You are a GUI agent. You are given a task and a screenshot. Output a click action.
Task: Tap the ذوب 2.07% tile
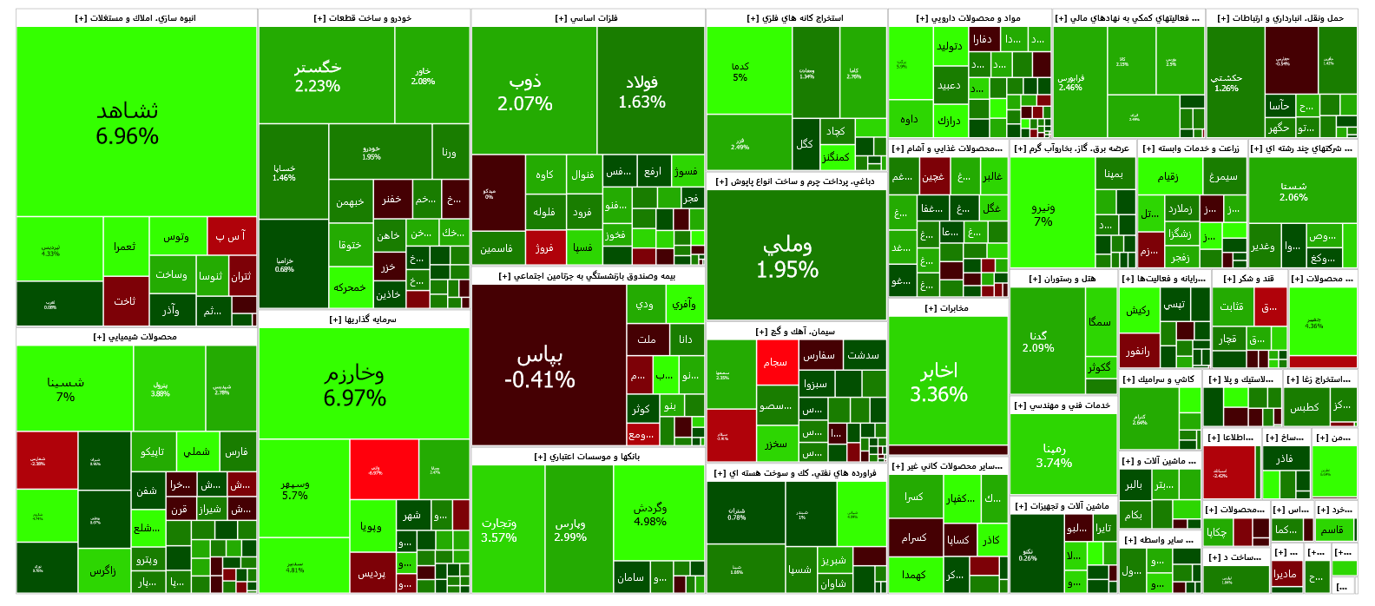(525, 92)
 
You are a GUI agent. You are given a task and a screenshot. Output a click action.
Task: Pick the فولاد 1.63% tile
(642, 91)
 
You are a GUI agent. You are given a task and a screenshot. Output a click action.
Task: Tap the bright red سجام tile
(776, 362)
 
